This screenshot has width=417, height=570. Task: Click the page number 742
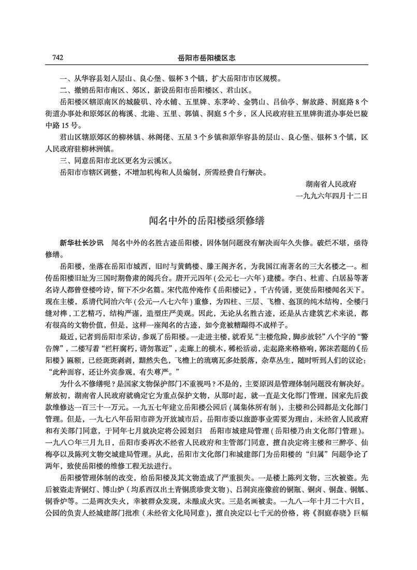[54, 57]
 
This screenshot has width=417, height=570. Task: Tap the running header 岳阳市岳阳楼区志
[208, 57]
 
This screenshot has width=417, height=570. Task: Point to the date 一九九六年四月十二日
[330, 196]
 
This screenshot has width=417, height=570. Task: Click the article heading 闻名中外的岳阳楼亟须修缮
[208, 221]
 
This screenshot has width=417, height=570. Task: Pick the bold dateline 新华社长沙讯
[81, 243]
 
